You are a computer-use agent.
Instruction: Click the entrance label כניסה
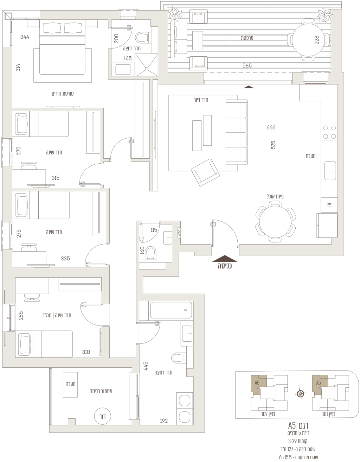(225, 266)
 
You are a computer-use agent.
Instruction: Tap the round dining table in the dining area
(276, 222)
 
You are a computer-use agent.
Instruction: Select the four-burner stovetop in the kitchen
(329, 132)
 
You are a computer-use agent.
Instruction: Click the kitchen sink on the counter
(330, 171)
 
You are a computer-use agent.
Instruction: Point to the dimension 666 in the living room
(271, 127)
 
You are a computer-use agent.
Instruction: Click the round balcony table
(308, 39)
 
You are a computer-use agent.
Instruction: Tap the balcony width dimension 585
(247, 65)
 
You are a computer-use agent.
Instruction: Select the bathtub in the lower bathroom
(171, 310)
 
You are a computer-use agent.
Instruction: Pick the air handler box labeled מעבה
(70, 384)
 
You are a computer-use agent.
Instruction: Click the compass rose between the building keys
(300, 393)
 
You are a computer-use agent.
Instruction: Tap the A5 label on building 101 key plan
(319, 383)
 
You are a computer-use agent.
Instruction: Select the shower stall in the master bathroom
(146, 65)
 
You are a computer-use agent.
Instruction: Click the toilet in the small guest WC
(151, 254)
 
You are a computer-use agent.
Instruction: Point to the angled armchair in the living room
(205, 172)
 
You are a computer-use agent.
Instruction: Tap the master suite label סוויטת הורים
(63, 94)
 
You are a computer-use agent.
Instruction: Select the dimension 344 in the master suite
(25, 37)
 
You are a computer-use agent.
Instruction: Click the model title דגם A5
(298, 426)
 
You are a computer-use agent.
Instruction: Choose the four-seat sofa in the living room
(237, 132)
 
